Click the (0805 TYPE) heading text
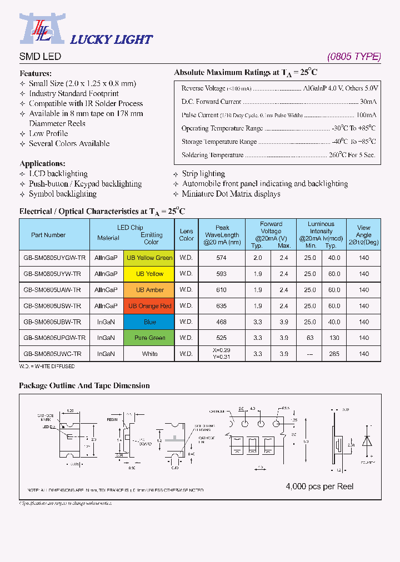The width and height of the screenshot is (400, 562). point(354,57)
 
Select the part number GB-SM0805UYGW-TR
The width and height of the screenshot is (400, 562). point(54,258)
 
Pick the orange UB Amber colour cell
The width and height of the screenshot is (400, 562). point(149,290)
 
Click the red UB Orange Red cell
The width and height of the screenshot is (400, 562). point(149,306)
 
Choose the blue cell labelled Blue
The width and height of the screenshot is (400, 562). point(149,322)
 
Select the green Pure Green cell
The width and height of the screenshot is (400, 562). point(149,338)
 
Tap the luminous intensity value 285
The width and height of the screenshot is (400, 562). point(333,354)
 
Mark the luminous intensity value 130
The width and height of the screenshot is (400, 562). point(333,338)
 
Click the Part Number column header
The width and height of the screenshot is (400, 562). point(48,235)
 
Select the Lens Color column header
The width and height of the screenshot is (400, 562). point(187,235)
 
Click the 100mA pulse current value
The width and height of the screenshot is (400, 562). point(366,115)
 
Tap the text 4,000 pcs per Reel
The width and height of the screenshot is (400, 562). point(319,486)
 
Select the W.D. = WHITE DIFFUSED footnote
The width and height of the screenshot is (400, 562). point(47,367)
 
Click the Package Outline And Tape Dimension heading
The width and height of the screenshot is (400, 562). point(84,385)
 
